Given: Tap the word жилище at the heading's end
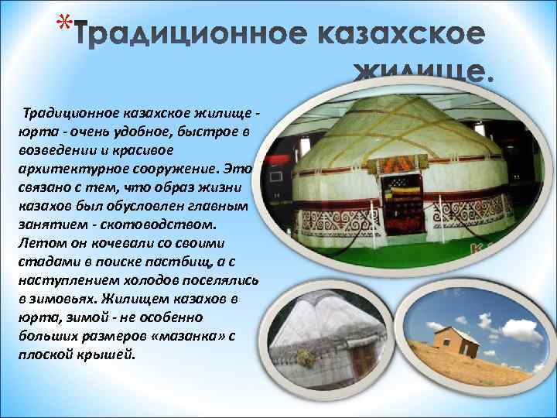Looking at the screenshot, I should tap(422, 74).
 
